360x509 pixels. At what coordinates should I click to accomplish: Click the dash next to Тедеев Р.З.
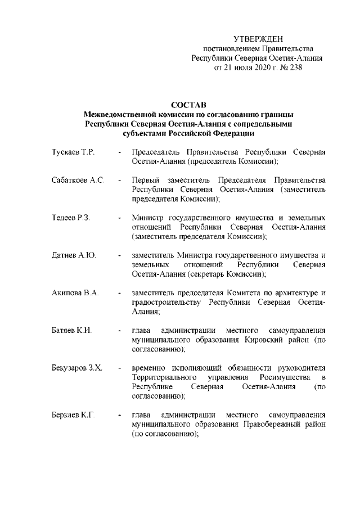click(x=120, y=218)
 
